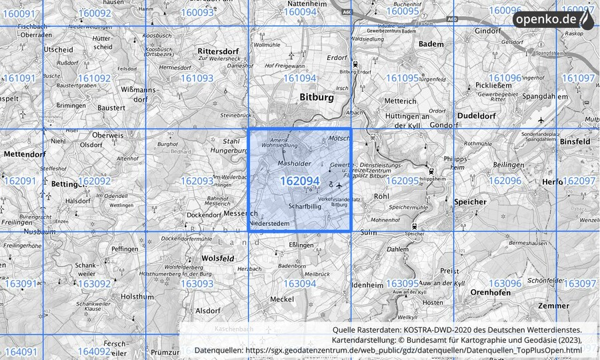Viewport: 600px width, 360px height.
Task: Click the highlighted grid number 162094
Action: click(299, 181)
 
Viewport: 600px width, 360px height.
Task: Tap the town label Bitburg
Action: click(317, 97)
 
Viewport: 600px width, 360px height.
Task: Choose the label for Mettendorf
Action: click(23, 154)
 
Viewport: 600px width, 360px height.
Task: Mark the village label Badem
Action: click(431, 43)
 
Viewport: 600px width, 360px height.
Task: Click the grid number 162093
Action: click(196, 181)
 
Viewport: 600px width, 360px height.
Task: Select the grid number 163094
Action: click(299, 283)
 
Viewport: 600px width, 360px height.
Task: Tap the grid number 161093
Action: click(196, 78)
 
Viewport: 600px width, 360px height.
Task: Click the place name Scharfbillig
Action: click(305, 207)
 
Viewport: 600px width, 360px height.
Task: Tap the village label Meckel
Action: click(281, 299)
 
